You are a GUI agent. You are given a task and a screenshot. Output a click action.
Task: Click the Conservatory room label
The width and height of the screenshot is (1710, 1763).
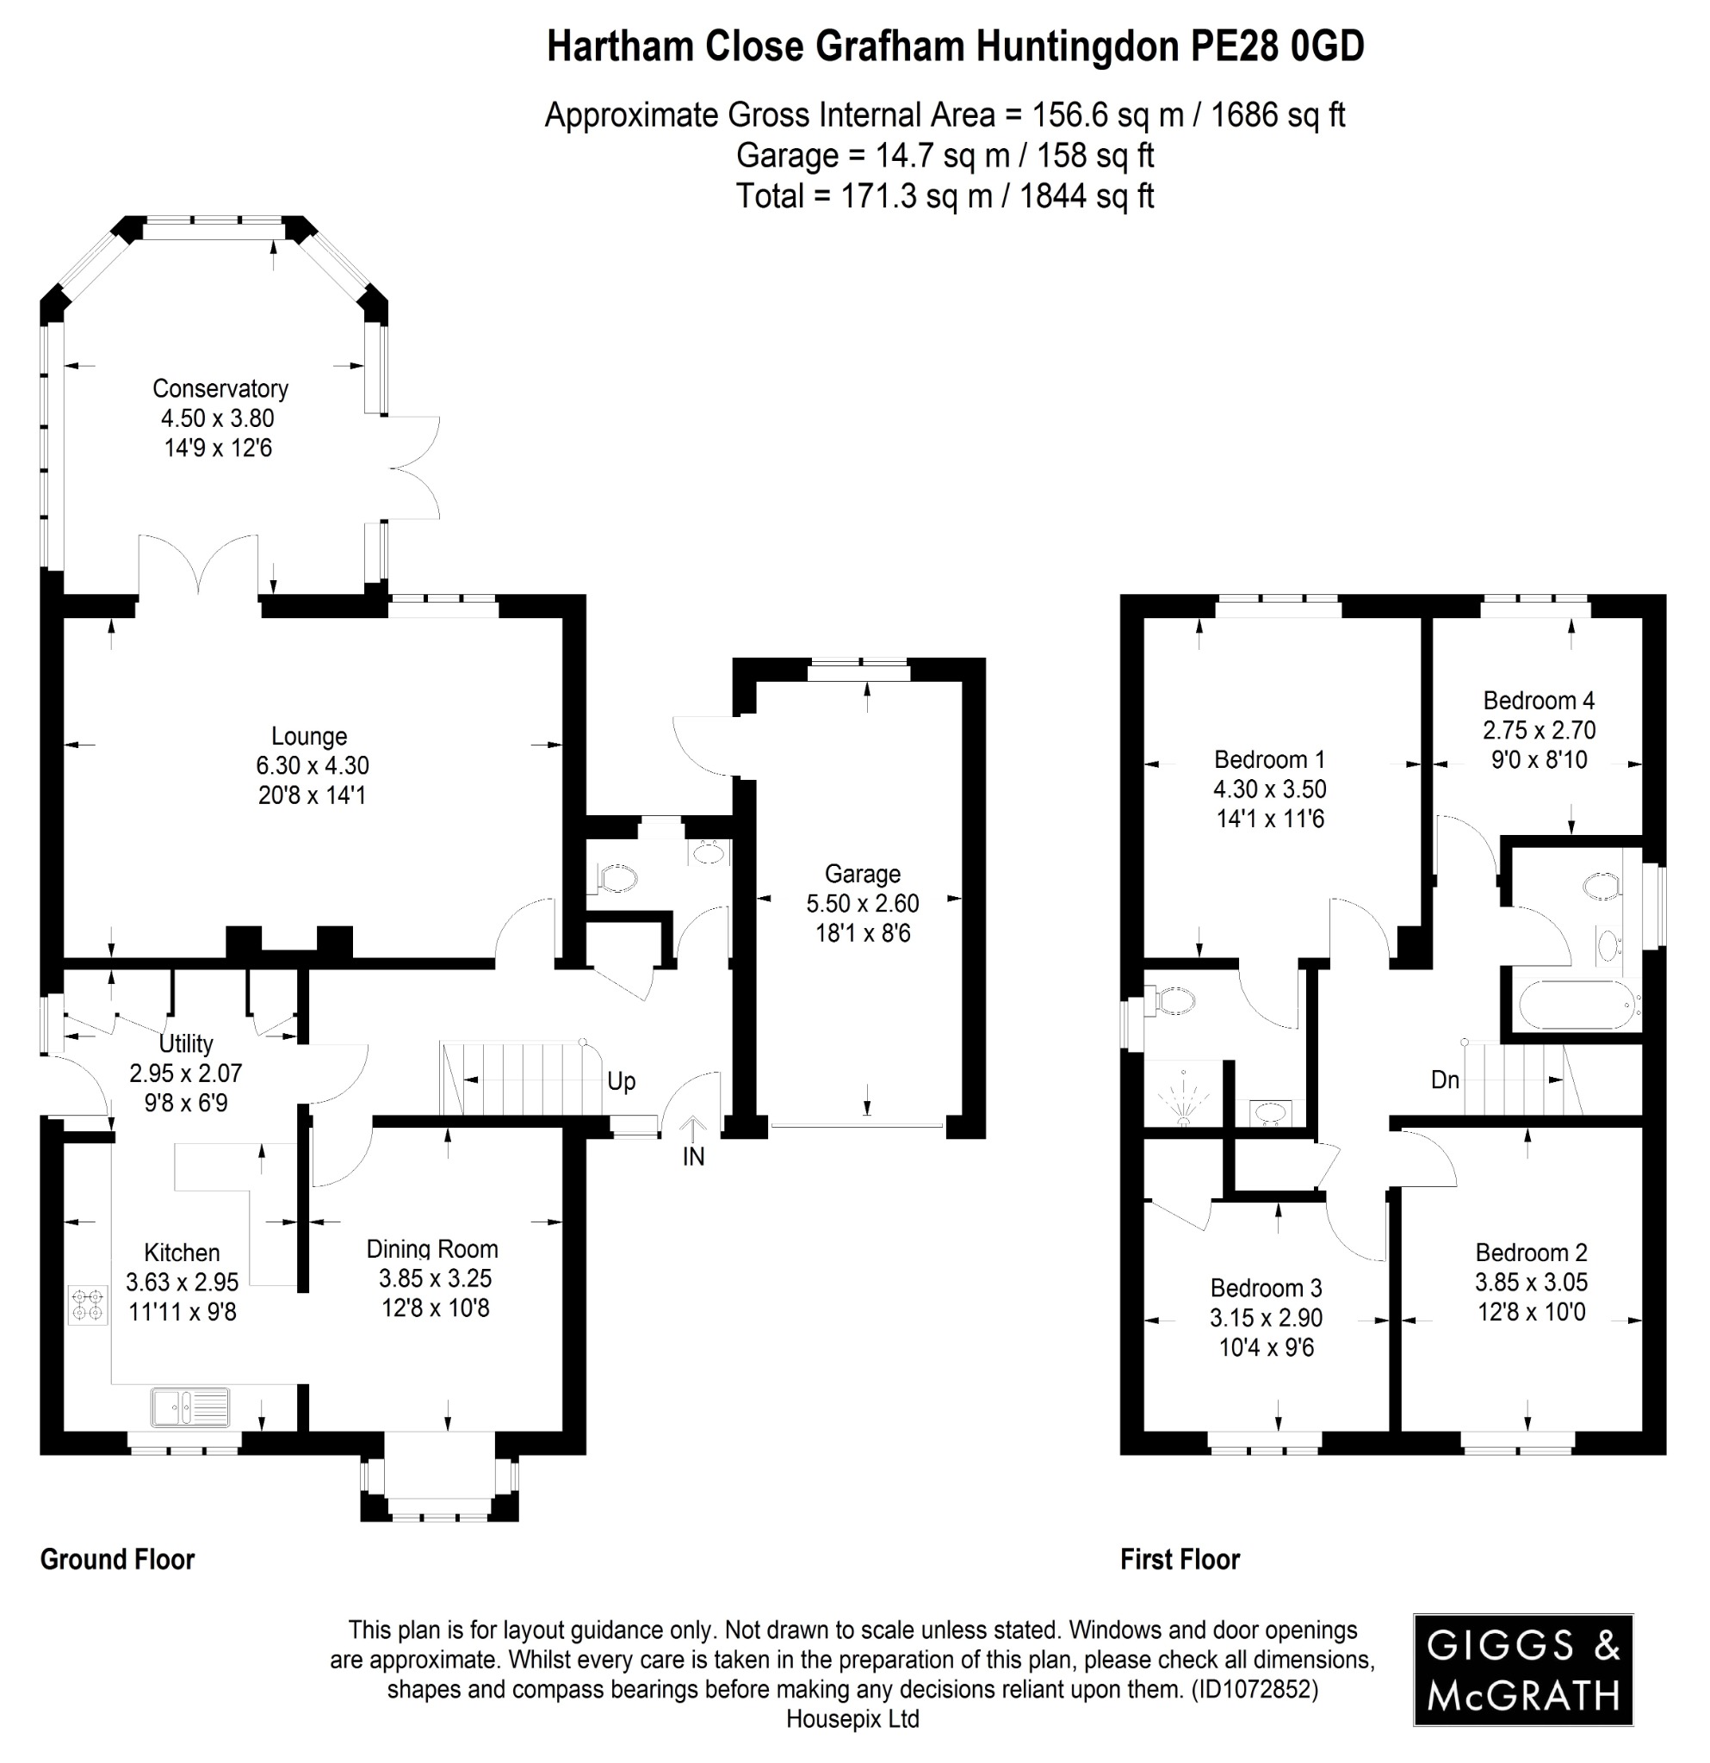pyautogui.click(x=220, y=388)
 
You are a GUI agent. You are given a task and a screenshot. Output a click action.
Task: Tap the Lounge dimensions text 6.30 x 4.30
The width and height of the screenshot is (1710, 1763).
pyautogui.click(x=313, y=765)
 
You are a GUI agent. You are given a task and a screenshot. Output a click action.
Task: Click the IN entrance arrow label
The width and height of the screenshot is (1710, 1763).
pyautogui.click(x=692, y=1157)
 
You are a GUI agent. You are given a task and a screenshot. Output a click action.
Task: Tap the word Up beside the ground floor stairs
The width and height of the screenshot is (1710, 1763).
pyautogui.click(x=621, y=1081)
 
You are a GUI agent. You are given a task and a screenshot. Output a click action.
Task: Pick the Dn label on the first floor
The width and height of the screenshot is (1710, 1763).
pyautogui.click(x=1445, y=1079)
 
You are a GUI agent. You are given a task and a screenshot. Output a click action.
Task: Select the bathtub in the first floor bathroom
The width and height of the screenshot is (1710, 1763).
pyautogui.click(x=1577, y=1004)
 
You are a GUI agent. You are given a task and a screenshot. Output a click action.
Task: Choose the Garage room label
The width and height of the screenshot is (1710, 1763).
pyautogui.click(x=862, y=874)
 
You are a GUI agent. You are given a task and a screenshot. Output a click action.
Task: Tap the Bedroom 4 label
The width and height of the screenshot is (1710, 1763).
pyautogui.click(x=1538, y=700)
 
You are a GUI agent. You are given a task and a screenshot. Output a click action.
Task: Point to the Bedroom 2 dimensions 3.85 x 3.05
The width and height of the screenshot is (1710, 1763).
pyautogui.click(x=1531, y=1282)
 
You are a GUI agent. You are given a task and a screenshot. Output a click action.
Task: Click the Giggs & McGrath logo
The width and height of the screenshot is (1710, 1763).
pyautogui.click(x=1523, y=1669)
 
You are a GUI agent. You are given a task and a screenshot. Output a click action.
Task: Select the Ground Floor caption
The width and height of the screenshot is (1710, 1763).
pyautogui.click(x=117, y=1559)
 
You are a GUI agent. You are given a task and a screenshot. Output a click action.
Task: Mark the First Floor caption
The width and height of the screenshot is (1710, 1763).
pyautogui.click(x=1180, y=1559)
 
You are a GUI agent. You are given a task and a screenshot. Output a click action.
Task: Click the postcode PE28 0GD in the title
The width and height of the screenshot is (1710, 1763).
pyautogui.click(x=1276, y=46)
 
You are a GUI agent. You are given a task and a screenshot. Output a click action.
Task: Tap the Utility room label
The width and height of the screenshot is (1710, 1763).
pyautogui.click(x=186, y=1043)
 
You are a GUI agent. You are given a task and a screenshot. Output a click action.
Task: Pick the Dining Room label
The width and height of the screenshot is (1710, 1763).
pyautogui.click(x=431, y=1248)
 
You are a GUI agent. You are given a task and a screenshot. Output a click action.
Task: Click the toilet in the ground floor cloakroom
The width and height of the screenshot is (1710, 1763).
pyautogui.click(x=616, y=878)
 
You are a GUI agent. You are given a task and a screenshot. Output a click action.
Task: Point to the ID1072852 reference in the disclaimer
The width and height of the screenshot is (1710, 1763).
pyautogui.click(x=1254, y=1689)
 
